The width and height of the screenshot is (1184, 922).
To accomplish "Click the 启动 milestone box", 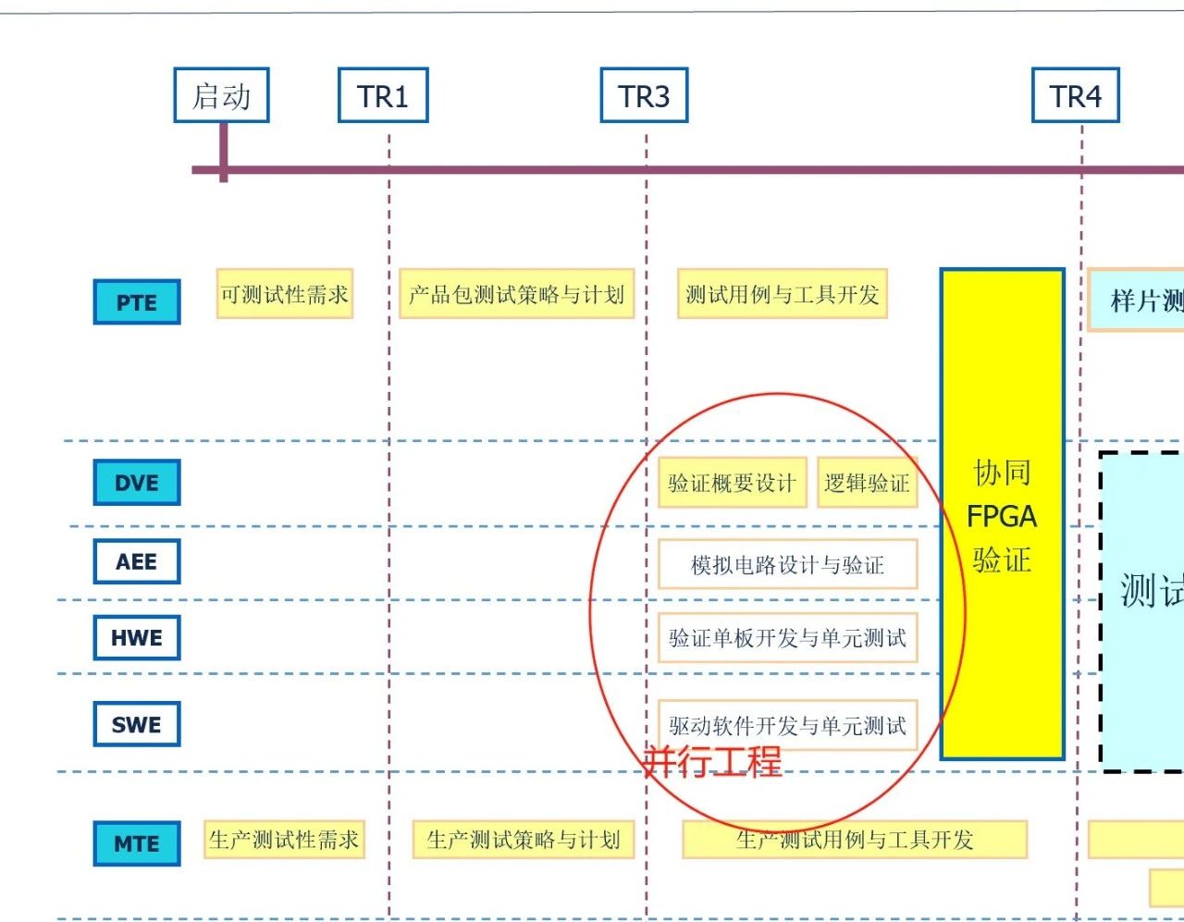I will click(221, 95).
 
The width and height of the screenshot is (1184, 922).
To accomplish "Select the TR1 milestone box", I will click(383, 95).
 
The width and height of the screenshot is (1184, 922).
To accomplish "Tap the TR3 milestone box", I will click(644, 95).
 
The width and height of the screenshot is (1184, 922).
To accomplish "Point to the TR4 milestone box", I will click(1076, 95).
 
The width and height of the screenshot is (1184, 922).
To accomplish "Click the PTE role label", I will click(137, 302).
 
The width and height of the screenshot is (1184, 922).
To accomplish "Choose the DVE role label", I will click(137, 483).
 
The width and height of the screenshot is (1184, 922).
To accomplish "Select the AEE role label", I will click(137, 561).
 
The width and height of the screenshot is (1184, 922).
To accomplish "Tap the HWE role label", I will click(137, 637).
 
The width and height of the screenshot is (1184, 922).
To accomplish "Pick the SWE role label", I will click(137, 724).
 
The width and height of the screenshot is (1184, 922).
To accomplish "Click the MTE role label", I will click(137, 843).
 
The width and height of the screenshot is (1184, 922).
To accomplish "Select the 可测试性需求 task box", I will click(285, 294).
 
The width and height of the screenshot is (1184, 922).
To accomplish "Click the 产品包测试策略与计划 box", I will click(516, 294).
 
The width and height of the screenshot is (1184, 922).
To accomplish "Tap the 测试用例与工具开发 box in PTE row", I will click(783, 294).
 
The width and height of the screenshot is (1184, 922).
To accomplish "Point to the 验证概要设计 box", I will click(732, 483).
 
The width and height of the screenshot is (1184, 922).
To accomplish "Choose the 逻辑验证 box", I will click(867, 483).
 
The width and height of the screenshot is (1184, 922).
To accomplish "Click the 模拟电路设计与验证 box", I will click(787, 564).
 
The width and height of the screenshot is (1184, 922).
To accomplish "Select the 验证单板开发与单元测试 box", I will click(787, 637).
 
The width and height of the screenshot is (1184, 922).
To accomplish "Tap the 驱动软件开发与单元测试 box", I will click(787, 725).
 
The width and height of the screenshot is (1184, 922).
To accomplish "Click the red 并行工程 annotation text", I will click(713, 762).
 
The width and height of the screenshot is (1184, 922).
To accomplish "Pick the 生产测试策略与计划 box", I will click(523, 840).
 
